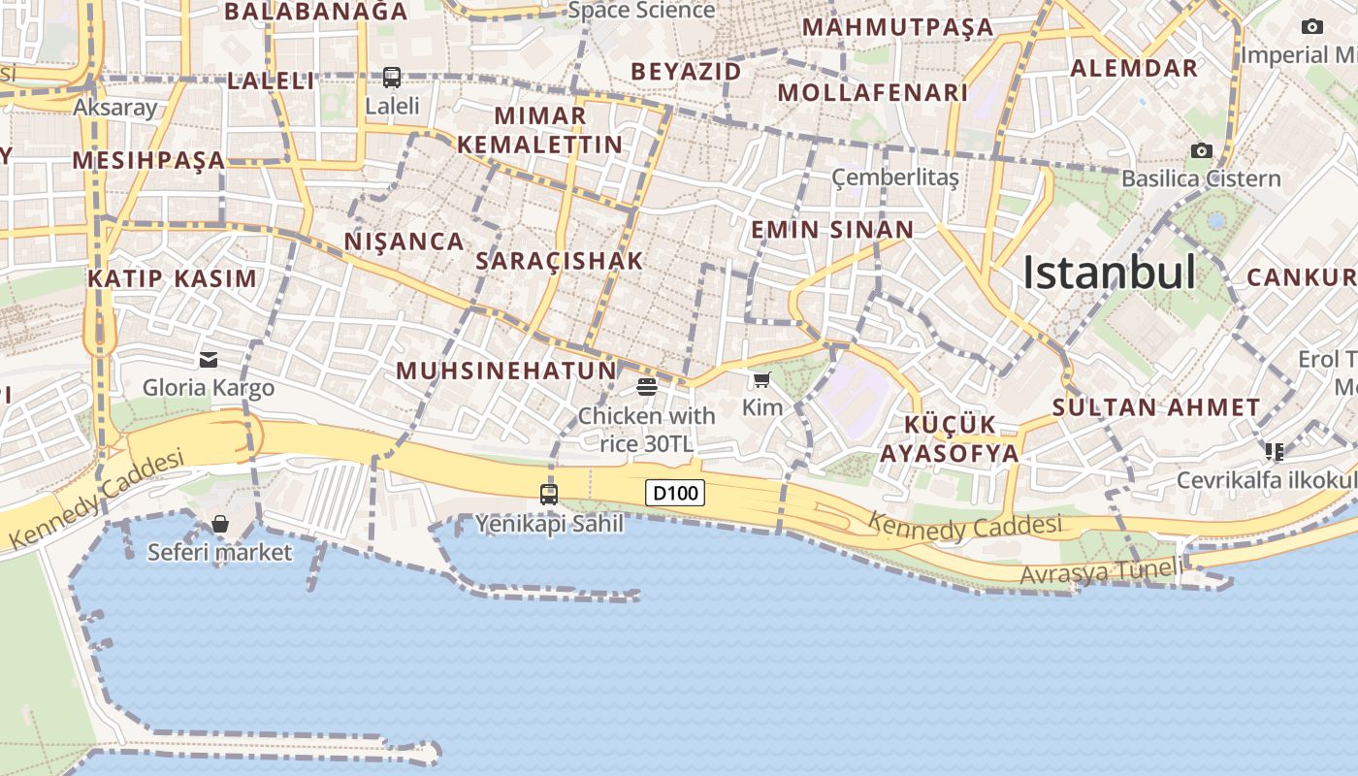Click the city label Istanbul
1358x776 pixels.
1109,273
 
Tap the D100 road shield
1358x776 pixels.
675,493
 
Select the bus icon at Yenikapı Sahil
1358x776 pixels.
549,494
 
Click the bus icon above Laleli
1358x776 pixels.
392,78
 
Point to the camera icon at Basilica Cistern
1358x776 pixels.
1202,150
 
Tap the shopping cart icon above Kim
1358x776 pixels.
761,380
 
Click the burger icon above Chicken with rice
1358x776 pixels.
647,387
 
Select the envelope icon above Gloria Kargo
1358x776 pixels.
209,360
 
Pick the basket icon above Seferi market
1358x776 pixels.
220,525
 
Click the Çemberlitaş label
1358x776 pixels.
895,178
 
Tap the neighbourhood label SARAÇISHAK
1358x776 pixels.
560,261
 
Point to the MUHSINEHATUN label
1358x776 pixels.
506,371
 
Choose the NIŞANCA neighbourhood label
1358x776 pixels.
404,242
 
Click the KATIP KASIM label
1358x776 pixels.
173,279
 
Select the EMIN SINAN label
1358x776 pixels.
832,230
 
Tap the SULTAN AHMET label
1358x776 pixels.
1156,407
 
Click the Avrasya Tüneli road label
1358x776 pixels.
1101,572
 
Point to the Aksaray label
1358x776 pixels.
115,107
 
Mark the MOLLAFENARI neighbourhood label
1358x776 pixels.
873,93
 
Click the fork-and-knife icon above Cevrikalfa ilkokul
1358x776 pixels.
1275,452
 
